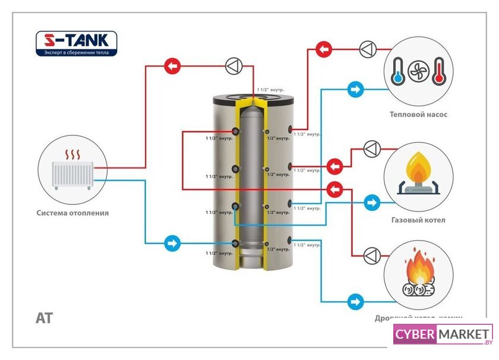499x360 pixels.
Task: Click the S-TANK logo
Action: (x=76, y=43)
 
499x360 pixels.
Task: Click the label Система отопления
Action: (x=72, y=213)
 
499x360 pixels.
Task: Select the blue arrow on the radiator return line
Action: (x=172, y=243)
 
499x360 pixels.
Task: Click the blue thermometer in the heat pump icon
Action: (x=397, y=71)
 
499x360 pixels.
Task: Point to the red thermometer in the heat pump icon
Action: (x=439, y=71)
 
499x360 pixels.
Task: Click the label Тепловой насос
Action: (x=418, y=115)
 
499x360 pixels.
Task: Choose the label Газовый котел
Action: (x=418, y=220)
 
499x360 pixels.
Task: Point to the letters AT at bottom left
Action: (x=45, y=318)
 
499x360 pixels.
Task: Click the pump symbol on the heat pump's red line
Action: (x=367, y=48)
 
